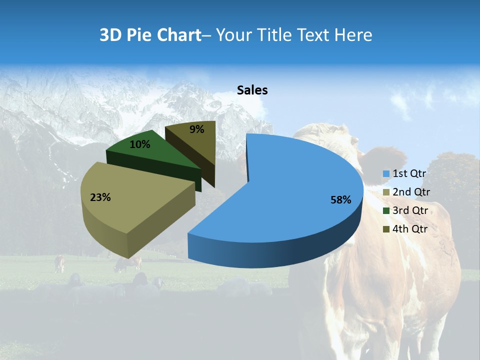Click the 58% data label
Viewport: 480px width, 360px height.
click(340, 200)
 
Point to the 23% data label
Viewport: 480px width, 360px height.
click(100, 197)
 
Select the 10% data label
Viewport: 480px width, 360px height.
click(140, 144)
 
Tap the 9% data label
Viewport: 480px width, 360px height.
click(197, 129)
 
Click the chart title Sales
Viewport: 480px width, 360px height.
click(252, 90)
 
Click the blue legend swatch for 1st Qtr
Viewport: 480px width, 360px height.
click(386, 174)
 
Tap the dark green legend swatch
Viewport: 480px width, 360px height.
click(386, 211)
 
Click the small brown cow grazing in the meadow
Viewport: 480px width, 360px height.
click(59, 262)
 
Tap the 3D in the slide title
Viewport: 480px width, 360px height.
click(111, 35)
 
